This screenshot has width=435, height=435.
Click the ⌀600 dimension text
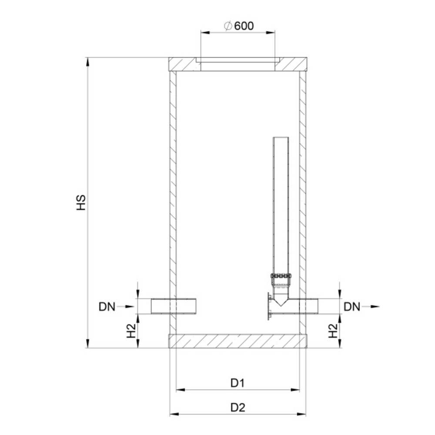[x=239, y=26]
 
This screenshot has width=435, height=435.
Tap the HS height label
[x=81, y=203]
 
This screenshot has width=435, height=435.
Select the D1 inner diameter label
[x=238, y=383]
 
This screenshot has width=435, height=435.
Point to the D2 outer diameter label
[x=238, y=408]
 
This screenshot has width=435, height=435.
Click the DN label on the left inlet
[x=107, y=307]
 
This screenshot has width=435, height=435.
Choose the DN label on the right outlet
[x=352, y=307]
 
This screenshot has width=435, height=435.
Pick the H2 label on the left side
[x=131, y=331]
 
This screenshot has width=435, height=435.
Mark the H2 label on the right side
[x=333, y=331]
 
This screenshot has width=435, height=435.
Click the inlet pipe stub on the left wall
[x=174, y=306]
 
